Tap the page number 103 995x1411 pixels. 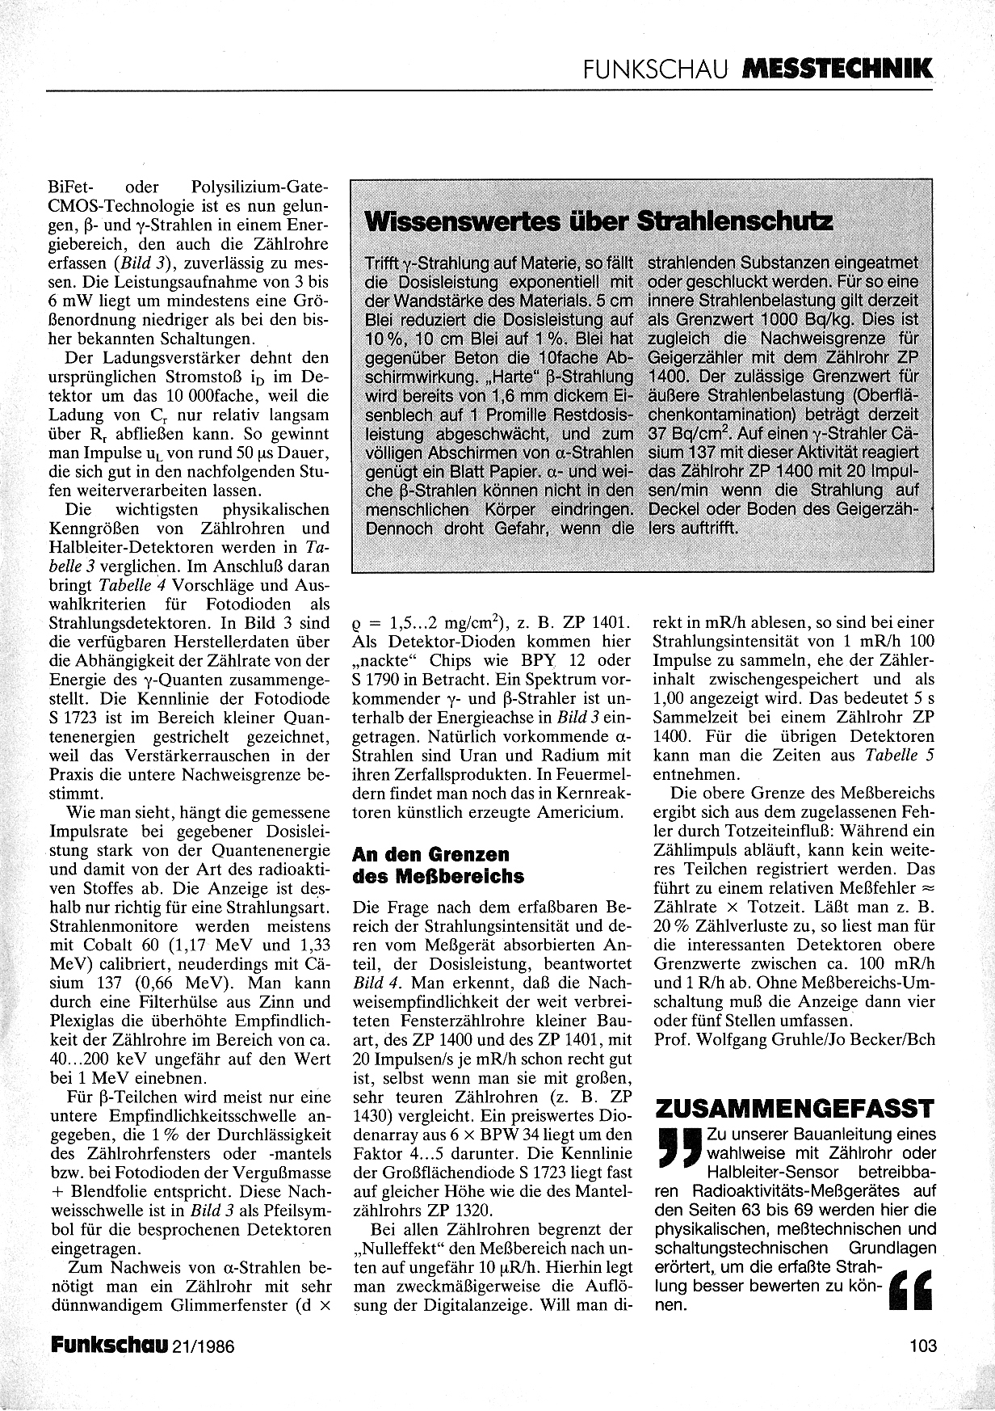coord(922,1346)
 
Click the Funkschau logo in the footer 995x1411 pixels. coord(110,1346)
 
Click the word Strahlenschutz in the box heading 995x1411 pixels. coord(735,221)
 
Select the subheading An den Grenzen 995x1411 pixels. coord(432,854)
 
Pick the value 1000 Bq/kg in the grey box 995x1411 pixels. coord(788,319)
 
